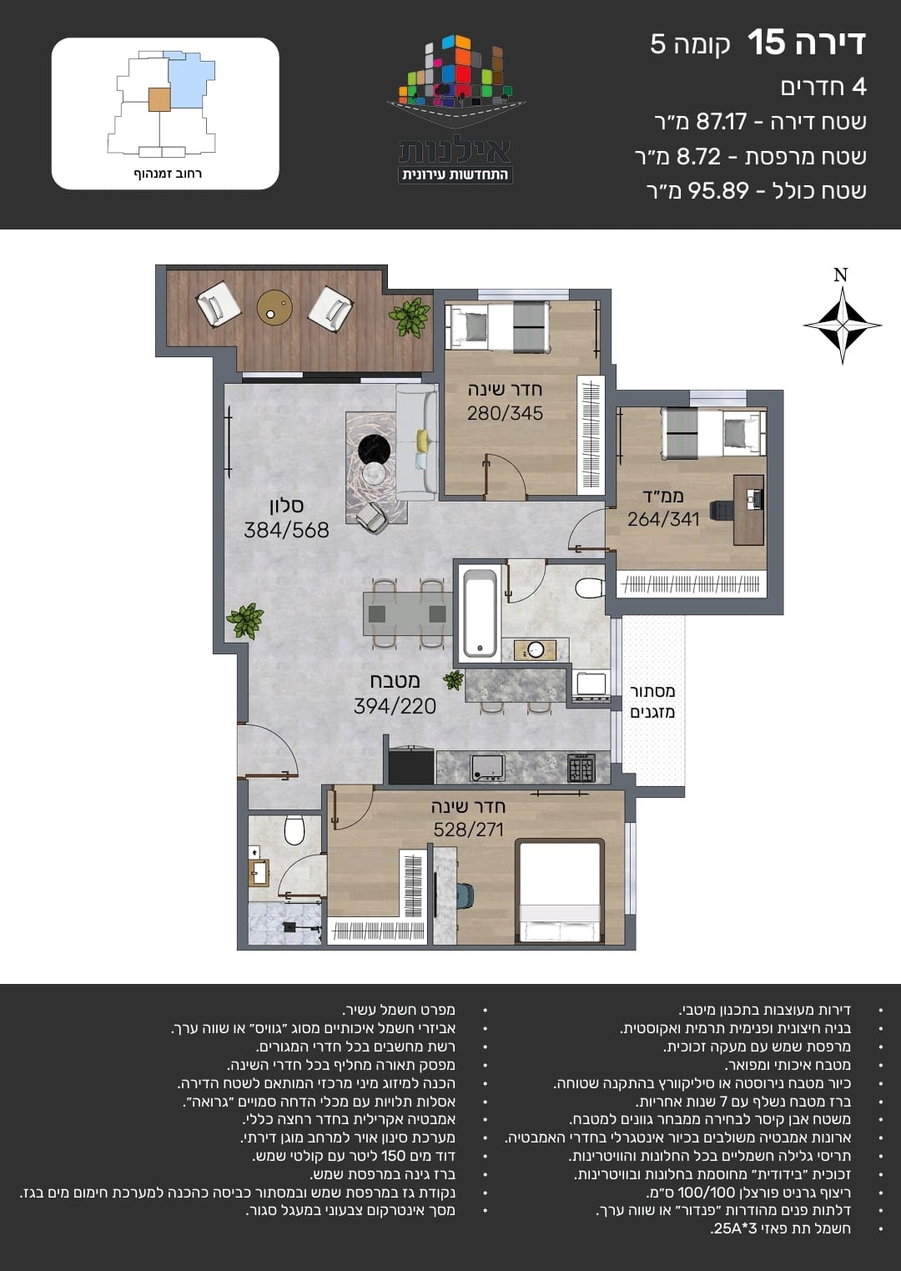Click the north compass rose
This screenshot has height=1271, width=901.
point(842,325)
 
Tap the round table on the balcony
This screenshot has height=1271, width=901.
point(274,308)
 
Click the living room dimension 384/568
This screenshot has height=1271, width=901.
point(286,530)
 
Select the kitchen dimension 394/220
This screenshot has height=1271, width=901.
point(395,706)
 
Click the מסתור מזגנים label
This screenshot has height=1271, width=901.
point(652,701)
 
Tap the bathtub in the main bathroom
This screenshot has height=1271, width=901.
point(480,613)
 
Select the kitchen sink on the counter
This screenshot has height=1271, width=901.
point(487,768)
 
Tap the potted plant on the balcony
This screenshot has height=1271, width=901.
point(409,317)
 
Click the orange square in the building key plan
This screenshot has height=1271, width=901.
point(159,99)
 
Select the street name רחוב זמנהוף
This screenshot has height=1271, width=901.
point(168,174)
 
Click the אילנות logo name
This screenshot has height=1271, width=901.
point(455,151)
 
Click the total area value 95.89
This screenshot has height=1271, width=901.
point(718,190)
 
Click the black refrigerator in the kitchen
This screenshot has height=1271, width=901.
point(410,765)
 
